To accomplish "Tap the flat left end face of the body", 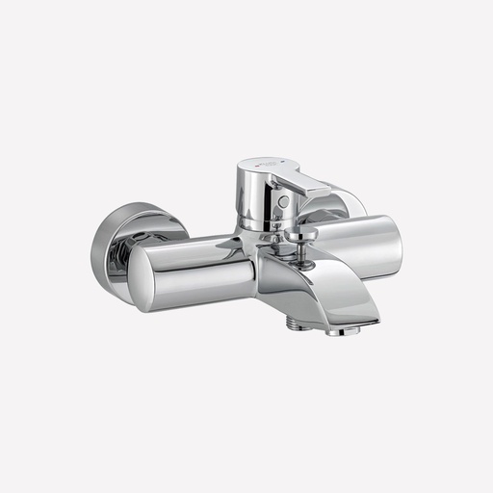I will [147, 277].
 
